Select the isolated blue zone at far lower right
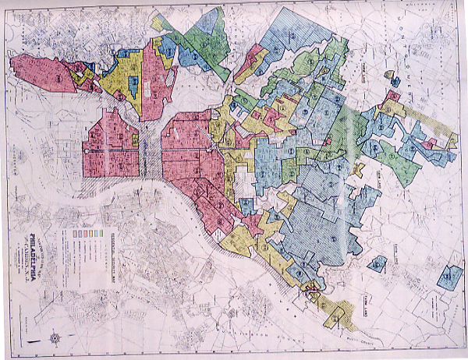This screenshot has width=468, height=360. pos(445,277)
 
